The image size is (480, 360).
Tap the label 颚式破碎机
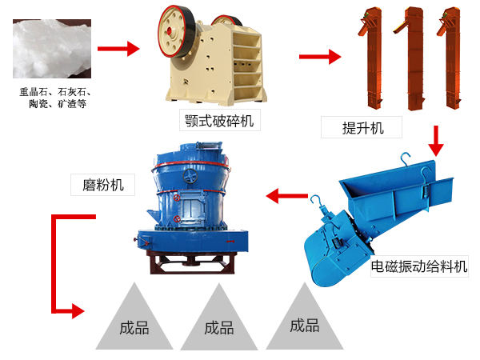tap(220, 122)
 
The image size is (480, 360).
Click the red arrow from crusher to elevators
tap(319, 57)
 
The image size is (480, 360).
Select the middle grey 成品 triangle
tap(218, 325)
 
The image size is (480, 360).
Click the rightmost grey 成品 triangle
tap(305, 324)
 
